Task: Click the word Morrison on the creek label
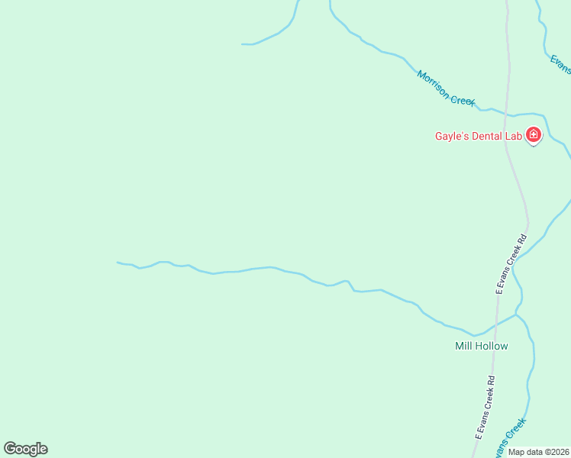pyautogui.click(x=433, y=83)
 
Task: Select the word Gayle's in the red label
pyautogui.click(x=450, y=137)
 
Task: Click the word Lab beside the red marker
pyautogui.click(x=514, y=137)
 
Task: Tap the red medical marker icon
pyautogui.click(x=534, y=136)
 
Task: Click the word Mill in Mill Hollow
pyautogui.click(x=464, y=346)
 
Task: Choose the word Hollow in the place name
pyautogui.click(x=492, y=346)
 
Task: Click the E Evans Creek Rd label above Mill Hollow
pyautogui.click(x=511, y=264)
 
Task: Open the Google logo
pyautogui.click(x=25, y=449)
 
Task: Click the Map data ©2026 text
pyautogui.click(x=538, y=452)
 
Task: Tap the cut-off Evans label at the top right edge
pyautogui.click(x=561, y=63)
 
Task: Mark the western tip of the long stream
pyautogui.click(x=118, y=263)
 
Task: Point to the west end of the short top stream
pyautogui.click(x=243, y=44)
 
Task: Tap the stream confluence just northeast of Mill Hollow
pyautogui.click(x=517, y=313)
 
